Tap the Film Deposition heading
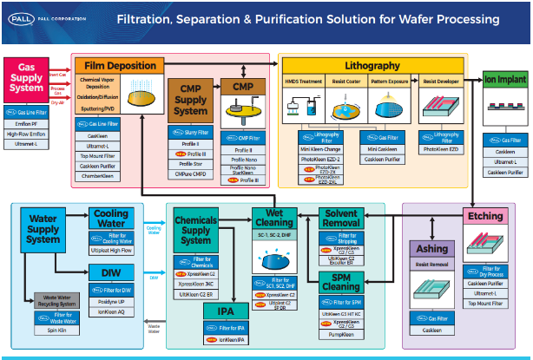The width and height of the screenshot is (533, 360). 120,65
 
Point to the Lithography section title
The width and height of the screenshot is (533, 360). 372,65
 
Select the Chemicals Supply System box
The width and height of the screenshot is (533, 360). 196,228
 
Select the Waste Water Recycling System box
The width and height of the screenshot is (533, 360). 56,301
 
